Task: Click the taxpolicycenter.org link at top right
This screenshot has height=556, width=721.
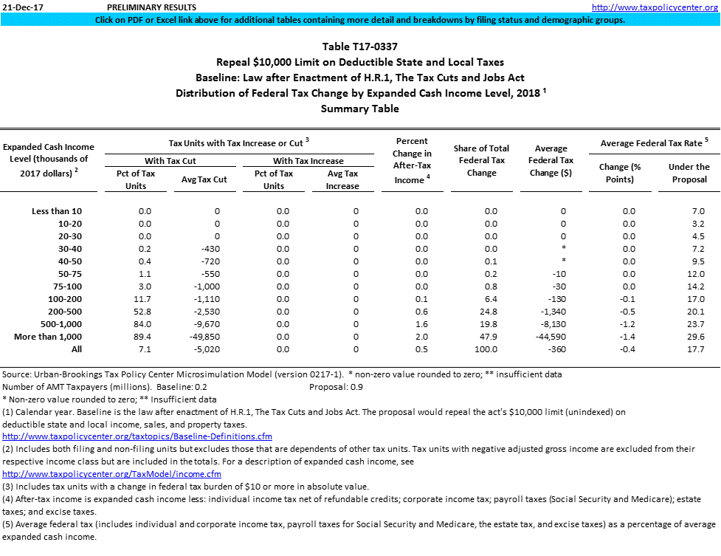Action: pyautogui.click(x=655, y=7)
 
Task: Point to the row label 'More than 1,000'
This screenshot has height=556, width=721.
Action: pyautogui.click(x=48, y=337)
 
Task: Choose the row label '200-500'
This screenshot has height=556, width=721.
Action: pyautogui.click(x=65, y=312)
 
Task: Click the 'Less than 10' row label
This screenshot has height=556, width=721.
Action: pyautogui.click(x=57, y=211)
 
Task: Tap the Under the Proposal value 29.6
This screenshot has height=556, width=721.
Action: pyautogui.click(x=696, y=337)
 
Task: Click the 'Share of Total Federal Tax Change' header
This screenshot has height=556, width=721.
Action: pyautogui.click(x=481, y=161)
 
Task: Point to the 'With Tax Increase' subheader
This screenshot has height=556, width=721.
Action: pyautogui.click(x=308, y=161)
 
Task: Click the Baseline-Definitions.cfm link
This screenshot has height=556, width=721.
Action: pyautogui.click(x=137, y=436)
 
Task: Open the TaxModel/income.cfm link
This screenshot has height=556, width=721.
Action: pyautogui.click(x=112, y=473)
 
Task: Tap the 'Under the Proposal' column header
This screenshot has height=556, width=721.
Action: pyautogui.click(x=689, y=173)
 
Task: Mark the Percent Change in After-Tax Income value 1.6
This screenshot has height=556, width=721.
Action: pyautogui.click(x=421, y=324)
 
